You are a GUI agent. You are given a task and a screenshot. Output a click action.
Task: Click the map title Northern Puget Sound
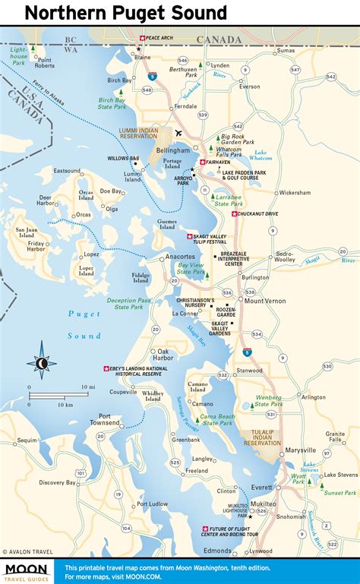coord(125,13)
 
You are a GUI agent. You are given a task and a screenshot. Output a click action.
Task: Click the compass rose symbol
coord(42,364)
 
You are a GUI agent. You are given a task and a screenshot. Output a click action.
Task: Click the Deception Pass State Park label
coord(130,303)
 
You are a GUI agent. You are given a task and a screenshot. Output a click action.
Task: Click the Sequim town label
coord(27,440)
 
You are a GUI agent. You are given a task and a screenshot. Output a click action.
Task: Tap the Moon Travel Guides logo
coord(27,571)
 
